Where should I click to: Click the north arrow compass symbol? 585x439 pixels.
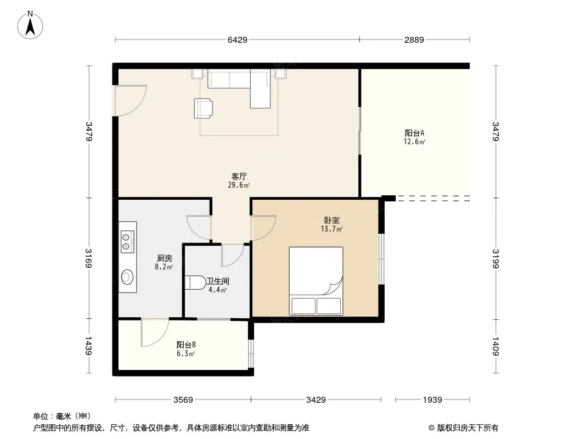click(x=30, y=25)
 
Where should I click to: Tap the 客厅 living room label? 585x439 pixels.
click(x=239, y=176)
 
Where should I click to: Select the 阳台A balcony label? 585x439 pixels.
click(x=414, y=133)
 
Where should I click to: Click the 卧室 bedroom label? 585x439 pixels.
click(x=331, y=221)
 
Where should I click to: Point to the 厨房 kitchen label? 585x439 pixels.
click(x=164, y=258)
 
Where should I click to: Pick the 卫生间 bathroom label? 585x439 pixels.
click(x=218, y=281)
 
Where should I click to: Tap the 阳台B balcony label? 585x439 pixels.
click(x=186, y=345)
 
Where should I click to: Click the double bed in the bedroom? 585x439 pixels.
click(x=316, y=281)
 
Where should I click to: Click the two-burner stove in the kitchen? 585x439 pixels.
click(x=128, y=241)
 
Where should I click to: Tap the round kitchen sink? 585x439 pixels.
click(x=127, y=277)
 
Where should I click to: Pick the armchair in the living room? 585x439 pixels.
click(x=204, y=108)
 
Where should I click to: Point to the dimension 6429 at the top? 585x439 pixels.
click(x=238, y=40)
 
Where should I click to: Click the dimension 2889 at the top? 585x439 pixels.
click(x=414, y=40)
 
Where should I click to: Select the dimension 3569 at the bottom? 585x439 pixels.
click(x=183, y=400)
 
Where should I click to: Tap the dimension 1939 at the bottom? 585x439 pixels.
click(x=432, y=400)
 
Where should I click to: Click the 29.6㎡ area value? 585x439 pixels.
click(x=239, y=184)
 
